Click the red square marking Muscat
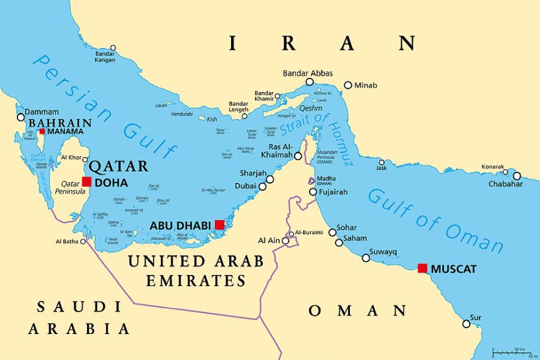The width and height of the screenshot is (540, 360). click(423, 268)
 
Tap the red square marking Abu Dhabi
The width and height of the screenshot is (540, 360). click(219, 224)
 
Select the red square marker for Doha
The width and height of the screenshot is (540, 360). click(86, 182)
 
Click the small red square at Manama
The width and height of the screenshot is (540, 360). click(42, 131)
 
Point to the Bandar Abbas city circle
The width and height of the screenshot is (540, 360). click(310, 82)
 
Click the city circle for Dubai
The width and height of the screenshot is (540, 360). click(262, 186)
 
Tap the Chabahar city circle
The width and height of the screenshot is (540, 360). click(517, 176)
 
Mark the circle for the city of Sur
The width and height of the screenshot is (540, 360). click(466, 324)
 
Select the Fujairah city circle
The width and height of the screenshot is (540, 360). click(313, 192)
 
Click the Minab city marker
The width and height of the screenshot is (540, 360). click(348, 85)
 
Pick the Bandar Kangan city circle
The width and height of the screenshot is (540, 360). click(113, 47)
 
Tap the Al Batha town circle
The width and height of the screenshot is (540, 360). click(83, 241)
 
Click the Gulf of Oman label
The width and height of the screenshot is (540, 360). click(435, 221)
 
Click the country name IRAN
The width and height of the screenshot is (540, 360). click(321, 43)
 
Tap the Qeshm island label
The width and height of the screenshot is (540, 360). click(310, 109)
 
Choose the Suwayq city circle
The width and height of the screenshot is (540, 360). click(366, 258)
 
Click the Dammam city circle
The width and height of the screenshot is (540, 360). click(21, 117)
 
